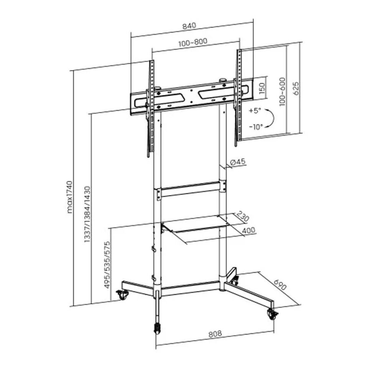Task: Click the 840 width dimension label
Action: pos(189,26)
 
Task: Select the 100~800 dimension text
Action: pos(193,43)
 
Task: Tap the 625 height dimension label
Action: pos(296,88)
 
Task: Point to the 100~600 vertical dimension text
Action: pos(283,92)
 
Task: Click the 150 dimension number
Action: pos(262,88)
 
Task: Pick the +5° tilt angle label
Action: pos(255,110)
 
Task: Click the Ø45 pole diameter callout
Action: pos(238,162)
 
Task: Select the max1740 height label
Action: pos(70,197)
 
